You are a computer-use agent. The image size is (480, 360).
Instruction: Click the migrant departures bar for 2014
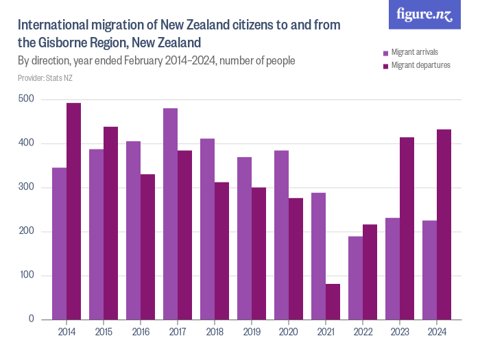pos(73,211)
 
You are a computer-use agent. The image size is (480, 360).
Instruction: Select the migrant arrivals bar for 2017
pos(171,214)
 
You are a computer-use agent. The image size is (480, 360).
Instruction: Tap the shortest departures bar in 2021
pos(333,302)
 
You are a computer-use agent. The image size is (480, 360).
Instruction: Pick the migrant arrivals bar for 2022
pos(355,278)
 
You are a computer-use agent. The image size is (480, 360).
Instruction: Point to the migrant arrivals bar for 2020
pos(281,235)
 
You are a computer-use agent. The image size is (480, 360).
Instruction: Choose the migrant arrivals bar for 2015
pos(96,234)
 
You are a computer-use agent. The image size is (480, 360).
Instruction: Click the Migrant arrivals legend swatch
pos(386,52)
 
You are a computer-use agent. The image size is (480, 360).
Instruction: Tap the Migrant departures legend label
pos(420,66)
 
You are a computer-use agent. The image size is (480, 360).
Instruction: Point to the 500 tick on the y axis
pos(28,99)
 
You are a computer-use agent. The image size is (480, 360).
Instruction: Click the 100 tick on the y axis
pos(28,276)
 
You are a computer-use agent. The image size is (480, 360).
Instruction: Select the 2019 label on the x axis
pos(252,331)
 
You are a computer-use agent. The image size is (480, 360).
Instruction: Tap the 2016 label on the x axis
pos(141,331)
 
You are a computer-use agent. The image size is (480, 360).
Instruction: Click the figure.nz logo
pos(424,14)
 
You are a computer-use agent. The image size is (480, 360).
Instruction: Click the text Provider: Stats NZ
pos(45,78)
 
